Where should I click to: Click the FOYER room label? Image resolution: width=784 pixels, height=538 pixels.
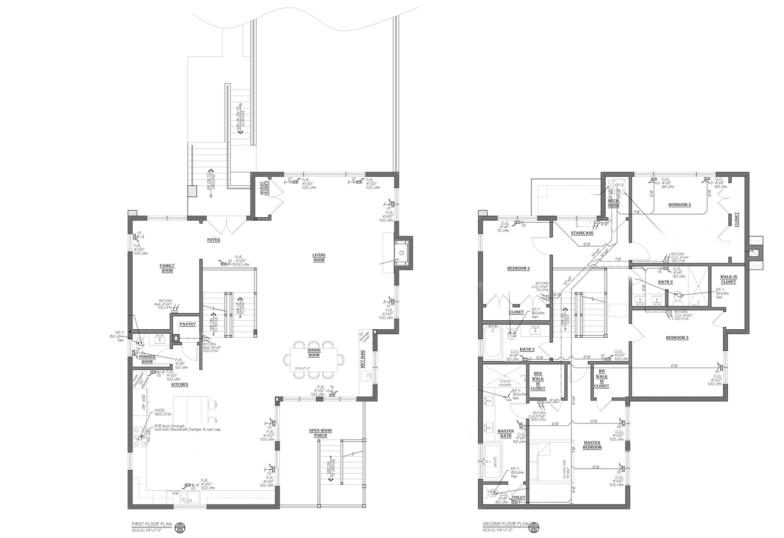(214, 240)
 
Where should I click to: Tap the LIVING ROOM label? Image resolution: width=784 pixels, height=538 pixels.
(319, 258)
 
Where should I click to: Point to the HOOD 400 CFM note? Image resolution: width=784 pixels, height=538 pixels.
(162, 412)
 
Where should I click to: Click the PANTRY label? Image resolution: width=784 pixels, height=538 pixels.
(188, 324)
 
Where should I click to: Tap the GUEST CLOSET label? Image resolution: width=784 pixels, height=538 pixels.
(264, 189)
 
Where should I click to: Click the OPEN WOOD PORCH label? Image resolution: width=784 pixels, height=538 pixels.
(320, 433)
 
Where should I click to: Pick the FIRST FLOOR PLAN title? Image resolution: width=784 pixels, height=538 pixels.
(152, 524)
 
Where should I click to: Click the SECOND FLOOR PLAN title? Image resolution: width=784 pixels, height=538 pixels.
(505, 524)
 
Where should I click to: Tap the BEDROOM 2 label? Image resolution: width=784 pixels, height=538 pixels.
(679, 205)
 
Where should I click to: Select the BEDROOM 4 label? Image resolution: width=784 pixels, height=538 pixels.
(518, 269)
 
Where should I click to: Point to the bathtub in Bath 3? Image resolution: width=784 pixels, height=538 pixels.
(493, 342)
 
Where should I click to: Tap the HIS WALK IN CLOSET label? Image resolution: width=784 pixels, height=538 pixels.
(602, 379)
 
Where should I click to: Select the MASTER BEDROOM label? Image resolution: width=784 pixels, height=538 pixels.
(592, 445)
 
